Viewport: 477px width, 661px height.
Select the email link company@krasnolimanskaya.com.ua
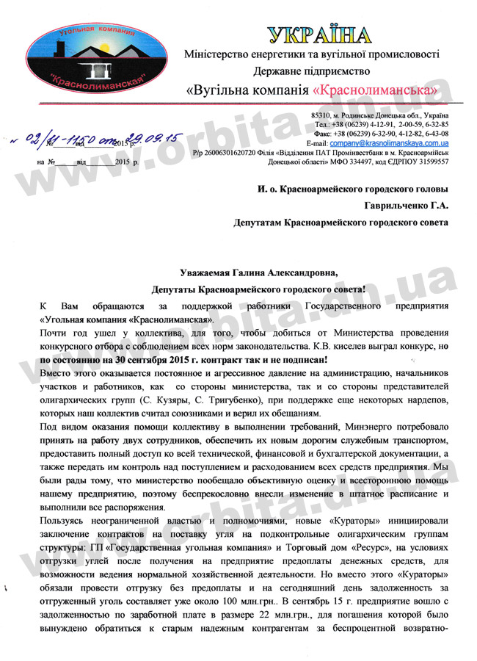pyautogui.click(x=393, y=143)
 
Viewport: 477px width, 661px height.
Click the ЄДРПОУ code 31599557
pyautogui.click(x=426, y=161)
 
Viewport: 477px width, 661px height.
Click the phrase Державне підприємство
pyautogui.click(x=312, y=72)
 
